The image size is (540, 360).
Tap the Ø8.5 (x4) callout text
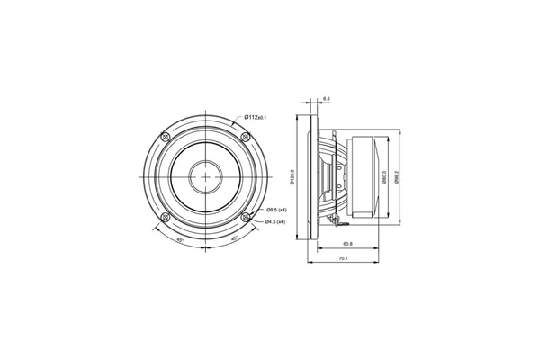click(274, 210)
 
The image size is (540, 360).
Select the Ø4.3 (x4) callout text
click(274, 221)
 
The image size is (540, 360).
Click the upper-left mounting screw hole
click(165, 136)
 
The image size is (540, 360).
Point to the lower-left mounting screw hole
click(165, 218)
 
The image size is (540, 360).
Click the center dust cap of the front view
click(206, 177)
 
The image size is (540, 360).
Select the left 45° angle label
click(181, 240)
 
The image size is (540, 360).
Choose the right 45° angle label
click(234, 240)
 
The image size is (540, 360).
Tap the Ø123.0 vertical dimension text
click(293, 177)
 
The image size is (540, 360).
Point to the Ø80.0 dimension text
click(384, 177)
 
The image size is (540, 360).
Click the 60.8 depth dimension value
click(346, 244)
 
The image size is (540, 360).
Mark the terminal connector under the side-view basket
click(337, 218)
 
